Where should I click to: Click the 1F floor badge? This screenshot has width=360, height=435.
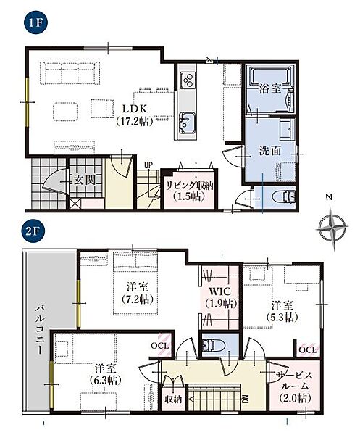35,22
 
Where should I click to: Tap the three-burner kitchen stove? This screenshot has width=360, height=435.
188,79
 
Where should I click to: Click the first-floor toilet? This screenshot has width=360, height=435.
284,197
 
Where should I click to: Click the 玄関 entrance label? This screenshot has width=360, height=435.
85,180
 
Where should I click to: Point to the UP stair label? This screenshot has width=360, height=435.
148,165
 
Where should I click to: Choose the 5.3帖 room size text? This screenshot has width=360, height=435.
282,317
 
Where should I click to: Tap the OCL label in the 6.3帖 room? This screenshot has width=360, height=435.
160,346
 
